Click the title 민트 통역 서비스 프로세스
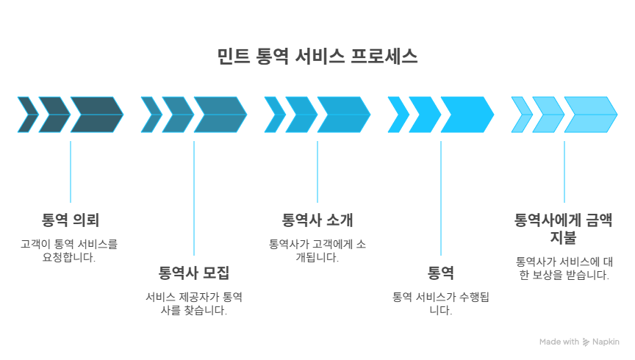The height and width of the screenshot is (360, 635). [317, 57]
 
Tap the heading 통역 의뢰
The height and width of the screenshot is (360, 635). [71, 220]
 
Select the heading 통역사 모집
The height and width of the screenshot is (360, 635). [194, 273]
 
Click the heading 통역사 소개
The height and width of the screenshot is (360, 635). [317, 220]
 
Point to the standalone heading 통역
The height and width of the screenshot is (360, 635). [441, 273]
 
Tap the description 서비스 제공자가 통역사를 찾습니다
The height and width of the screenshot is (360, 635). [194, 303]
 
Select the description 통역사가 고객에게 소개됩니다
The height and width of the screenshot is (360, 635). [317, 250]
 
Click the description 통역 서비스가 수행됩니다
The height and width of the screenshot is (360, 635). [441, 303]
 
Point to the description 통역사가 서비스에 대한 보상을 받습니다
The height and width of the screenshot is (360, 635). [564, 268]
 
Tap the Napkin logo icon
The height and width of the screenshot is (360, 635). [586, 342]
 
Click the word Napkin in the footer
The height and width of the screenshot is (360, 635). [606, 342]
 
